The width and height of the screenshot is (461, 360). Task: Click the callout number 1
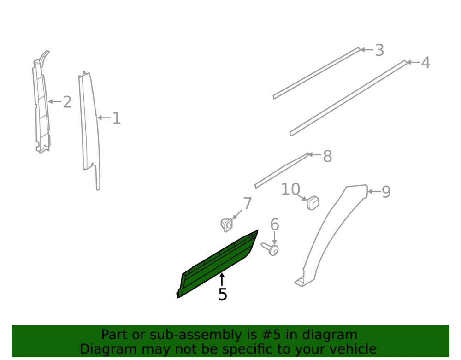[117, 118]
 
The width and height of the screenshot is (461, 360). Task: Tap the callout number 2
[67, 102]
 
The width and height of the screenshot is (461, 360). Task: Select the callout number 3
[379, 50]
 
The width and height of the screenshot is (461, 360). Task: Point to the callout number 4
[426, 63]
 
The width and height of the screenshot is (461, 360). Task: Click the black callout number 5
[223, 294]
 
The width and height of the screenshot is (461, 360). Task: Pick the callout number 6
[275, 225]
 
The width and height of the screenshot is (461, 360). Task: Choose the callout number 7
[248, 203]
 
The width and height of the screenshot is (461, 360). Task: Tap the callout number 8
[327, 156]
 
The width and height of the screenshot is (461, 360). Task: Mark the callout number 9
[386, 192]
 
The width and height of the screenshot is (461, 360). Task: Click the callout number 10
[291, 189]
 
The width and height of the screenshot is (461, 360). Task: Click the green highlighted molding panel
[218, 264]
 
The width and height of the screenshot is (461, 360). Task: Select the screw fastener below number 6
[270, 249]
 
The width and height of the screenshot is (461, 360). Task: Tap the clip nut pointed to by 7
[227, 225]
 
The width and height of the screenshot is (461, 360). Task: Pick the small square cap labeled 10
[313, 203]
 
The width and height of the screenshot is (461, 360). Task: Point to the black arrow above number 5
[222, 279]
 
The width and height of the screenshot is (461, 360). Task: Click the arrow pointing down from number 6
[274, 238]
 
